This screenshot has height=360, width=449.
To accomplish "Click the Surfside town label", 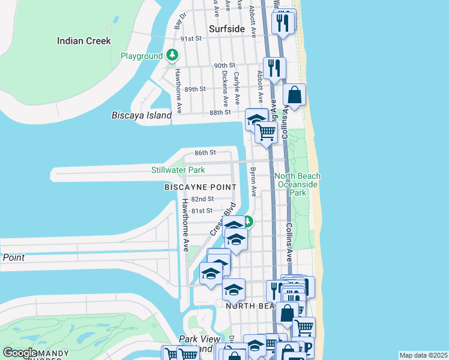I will pos(227,29).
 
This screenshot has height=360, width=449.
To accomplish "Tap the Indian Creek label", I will pos(84,41).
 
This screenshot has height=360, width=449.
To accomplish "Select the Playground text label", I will pos(142,56).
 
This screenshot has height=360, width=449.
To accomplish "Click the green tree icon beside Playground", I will pos(173,56).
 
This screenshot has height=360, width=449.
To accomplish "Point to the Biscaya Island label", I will pos(142,115).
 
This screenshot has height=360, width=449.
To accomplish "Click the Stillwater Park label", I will pos(178,170).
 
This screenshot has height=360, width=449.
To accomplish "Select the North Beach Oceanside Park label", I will pos(298,184).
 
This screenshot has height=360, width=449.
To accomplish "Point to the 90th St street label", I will pos(224,66).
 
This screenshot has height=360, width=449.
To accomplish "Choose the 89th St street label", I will pos(195,89).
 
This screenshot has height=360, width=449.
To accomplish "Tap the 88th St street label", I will pos(220,112).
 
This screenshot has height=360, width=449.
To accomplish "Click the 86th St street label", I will pos(205,153).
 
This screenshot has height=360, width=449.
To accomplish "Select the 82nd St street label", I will pos(203,199).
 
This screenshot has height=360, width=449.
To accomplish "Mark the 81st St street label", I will pos(202,211).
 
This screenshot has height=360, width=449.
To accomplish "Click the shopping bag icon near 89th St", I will pos(295,95).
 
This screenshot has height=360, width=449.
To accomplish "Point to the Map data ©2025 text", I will pos(423,355).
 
